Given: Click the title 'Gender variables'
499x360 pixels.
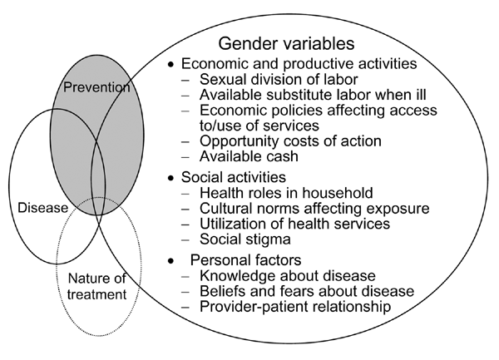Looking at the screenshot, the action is coord(286,43).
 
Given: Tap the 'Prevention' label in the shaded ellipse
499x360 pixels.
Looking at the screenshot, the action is coord(96,86).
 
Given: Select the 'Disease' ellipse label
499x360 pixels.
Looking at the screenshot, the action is coord(43,208).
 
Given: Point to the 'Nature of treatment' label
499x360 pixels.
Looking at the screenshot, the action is coord(96,286).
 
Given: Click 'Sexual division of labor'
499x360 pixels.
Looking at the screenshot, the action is coord(279,79).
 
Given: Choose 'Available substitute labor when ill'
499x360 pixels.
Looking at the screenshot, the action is coord(313,95).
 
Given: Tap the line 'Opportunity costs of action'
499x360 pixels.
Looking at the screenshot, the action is coord(290,141).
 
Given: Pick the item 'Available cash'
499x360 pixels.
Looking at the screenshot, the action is coord(249,156).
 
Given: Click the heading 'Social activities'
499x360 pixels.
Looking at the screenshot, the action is coord(234,177).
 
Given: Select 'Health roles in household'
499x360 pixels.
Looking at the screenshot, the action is coord(286,193).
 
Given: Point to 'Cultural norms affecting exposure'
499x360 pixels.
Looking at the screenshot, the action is coord(314,209).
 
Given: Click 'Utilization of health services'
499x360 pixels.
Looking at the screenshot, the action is coord(294,224).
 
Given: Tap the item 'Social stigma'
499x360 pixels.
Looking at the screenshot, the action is coord(245,239).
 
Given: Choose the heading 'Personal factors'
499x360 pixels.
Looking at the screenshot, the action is coord(245,260).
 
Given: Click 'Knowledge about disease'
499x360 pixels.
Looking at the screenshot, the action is coord(288,275).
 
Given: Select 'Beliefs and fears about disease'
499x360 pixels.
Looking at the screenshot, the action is coord(307,291).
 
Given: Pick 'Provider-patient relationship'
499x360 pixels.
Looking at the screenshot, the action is coord(295,307).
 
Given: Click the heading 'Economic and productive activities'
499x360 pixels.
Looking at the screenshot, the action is coord(299,64).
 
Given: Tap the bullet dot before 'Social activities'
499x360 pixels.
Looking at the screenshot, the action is coord(171,178).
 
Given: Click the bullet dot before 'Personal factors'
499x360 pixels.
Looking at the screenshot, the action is coord(171,261).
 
